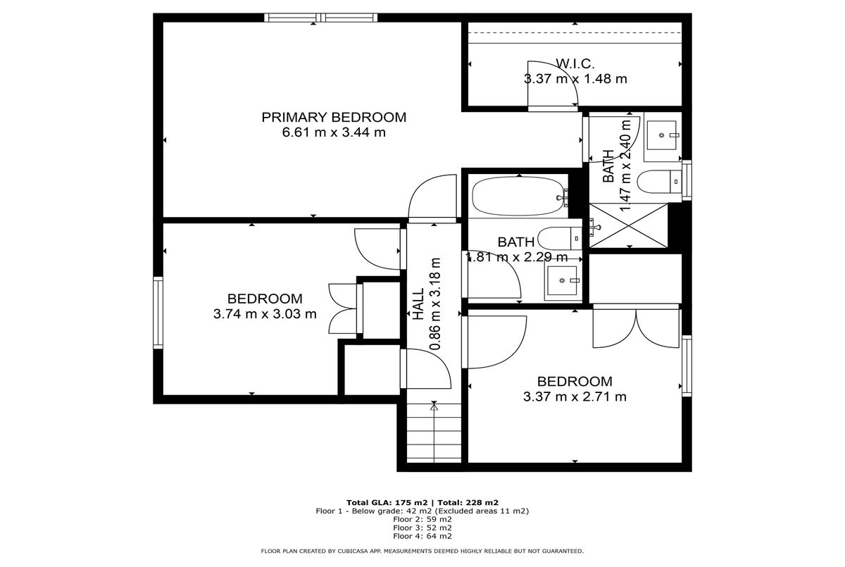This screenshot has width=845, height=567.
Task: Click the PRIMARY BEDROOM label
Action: pyautogui.click(x=334, y=118)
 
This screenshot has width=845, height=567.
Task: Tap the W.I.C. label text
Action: pyautogui.click(x=575, y=64)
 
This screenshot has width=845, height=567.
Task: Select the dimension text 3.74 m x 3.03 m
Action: pyautogui.click(x=265, y=314)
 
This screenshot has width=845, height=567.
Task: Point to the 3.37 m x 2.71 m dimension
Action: pyautogui.click(x=575, y=397)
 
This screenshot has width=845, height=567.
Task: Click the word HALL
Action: pyautogui.click(x=418, y=304)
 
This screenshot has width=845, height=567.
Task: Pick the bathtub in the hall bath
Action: pyautogui.click(x=520, y=197)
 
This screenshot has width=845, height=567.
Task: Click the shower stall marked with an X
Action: pyautogui.click(x=628, y=225)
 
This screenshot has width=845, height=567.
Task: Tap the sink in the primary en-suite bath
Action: pyautogui.click(x=663, y=135)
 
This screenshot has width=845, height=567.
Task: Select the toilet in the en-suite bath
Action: pyautogui.click(x=659, y=182)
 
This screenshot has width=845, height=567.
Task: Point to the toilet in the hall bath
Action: pyautogui.click(x=560, y=238)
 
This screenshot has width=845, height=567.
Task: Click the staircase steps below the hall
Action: pyautogui.click(x=434, y=433)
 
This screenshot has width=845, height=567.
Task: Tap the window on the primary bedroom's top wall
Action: pyautogui.click(x=320, y=18)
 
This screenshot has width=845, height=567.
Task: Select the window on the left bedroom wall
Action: pyautogui.click(x=158, y=313)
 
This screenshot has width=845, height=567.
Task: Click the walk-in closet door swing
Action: pyautogui.click(x=553, y=86)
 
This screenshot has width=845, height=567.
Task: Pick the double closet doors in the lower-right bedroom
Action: pyautogui.click(x=636, y=328)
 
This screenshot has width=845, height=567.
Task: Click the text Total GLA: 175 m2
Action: pyautogui.click(x=387, y=502)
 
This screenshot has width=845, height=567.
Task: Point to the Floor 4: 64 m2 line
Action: pyautogui.click(x=422, y=536)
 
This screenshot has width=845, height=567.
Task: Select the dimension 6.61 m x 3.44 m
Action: pyautogui.click(x=334, y=132)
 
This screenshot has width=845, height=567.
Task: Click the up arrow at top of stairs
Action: pyautogui.click(x=434, y=407)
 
